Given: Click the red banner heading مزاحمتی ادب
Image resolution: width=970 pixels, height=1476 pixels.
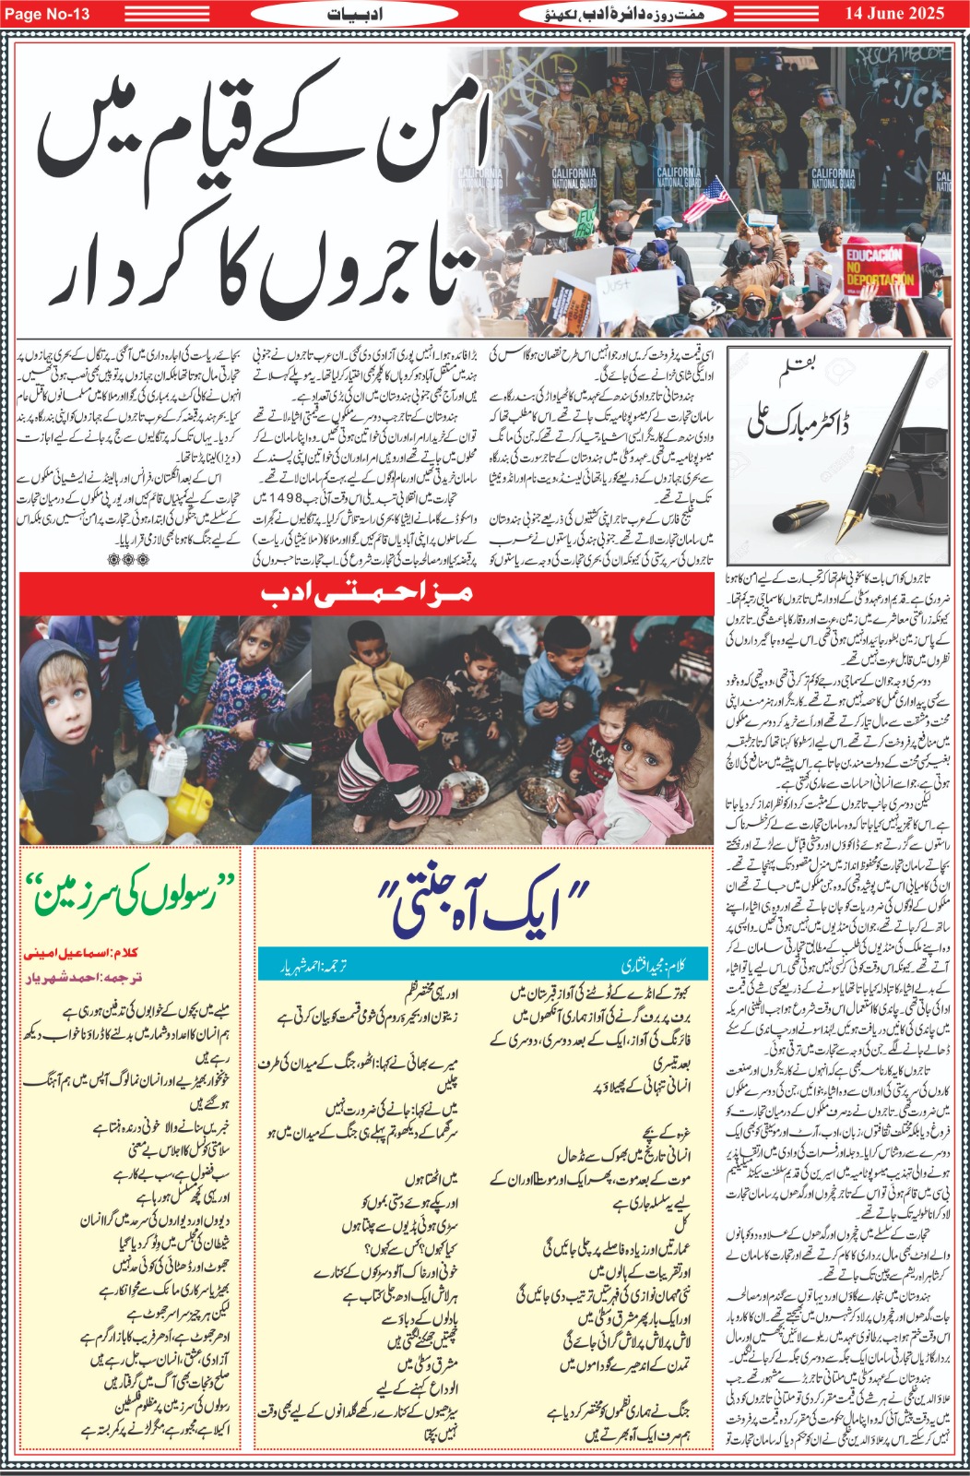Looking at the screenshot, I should point(367,593).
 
